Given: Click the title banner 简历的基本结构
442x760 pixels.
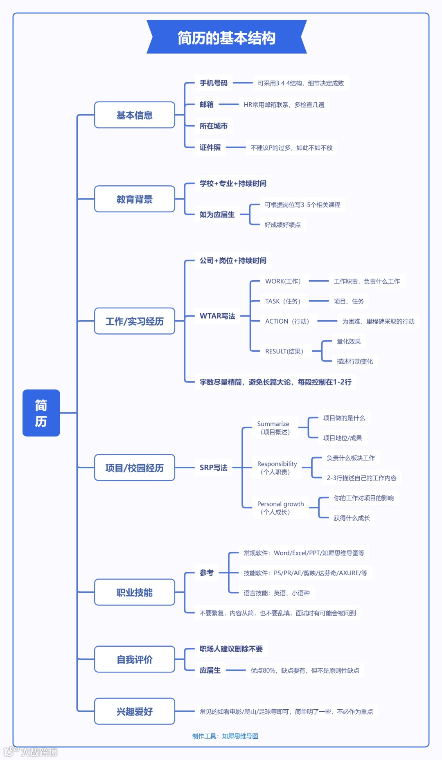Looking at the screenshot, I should (226, 37).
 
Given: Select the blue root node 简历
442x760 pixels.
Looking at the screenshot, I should (41, 413).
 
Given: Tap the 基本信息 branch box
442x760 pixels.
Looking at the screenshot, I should (134, 115).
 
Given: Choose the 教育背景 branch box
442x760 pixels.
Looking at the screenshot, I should (134, 199).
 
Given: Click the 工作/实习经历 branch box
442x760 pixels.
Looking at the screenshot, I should (134, 321).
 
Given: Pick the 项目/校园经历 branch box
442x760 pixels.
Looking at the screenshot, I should (134, 468).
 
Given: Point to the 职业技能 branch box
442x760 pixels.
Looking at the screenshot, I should (134, 592).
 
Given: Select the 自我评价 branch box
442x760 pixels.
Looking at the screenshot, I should (134, 659).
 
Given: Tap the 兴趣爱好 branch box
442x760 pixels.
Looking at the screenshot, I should (134, 711).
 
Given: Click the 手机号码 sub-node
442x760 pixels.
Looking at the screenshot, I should (213, 83).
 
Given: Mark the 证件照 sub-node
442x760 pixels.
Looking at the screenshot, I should (210, 147).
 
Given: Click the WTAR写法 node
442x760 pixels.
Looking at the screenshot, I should (217, 316).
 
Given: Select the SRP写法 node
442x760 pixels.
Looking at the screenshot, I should (213, 468).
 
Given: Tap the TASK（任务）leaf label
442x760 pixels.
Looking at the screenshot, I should (283, 301).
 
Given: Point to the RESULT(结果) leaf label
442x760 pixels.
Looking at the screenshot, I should (284, 351).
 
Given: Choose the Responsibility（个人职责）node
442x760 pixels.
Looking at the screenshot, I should (277, 468).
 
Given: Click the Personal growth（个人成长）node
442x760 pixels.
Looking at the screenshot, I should (280, 508).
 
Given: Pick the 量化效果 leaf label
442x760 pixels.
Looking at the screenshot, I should (349, 341).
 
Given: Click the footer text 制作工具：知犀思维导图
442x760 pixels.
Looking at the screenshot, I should (225, 736).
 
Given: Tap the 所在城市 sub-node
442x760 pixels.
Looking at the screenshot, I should (213, 126).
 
